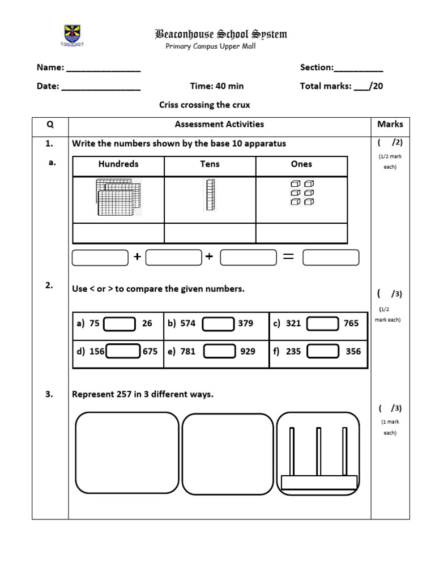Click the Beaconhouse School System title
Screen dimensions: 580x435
pyautogui.click(x=221, y=35)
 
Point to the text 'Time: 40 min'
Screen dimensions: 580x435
pyautogui.click(x=217, y=86)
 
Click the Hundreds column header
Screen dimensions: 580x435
pyautogui.click(x=118, y=164)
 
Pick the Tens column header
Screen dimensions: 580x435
pyautogui.click(x=210, y=164)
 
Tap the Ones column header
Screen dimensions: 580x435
pyautogui.click(x=301, y=164)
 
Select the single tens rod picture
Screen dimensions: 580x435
pyautogui.click(x=210, y=195)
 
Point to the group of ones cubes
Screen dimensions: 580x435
pyautogui.click(x=302, y=193)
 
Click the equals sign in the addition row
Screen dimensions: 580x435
pyautogui.click(x=288, y=257)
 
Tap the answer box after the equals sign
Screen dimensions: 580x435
pyautogui.click(x=331, y=258)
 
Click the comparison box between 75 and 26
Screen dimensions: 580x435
pyautogui.click(x=120, y=324)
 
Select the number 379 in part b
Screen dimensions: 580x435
pyautogui.click(x=246, y=323)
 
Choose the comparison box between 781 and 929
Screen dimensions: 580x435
pyautogui.click(x=219, y=352)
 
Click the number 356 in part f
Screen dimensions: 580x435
pyautogui.click(x=353, y=351)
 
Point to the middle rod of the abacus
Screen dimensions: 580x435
pyautogui.click(x=318, y=451)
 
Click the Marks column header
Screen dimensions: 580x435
pyautogui.click(x=390, y=124)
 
